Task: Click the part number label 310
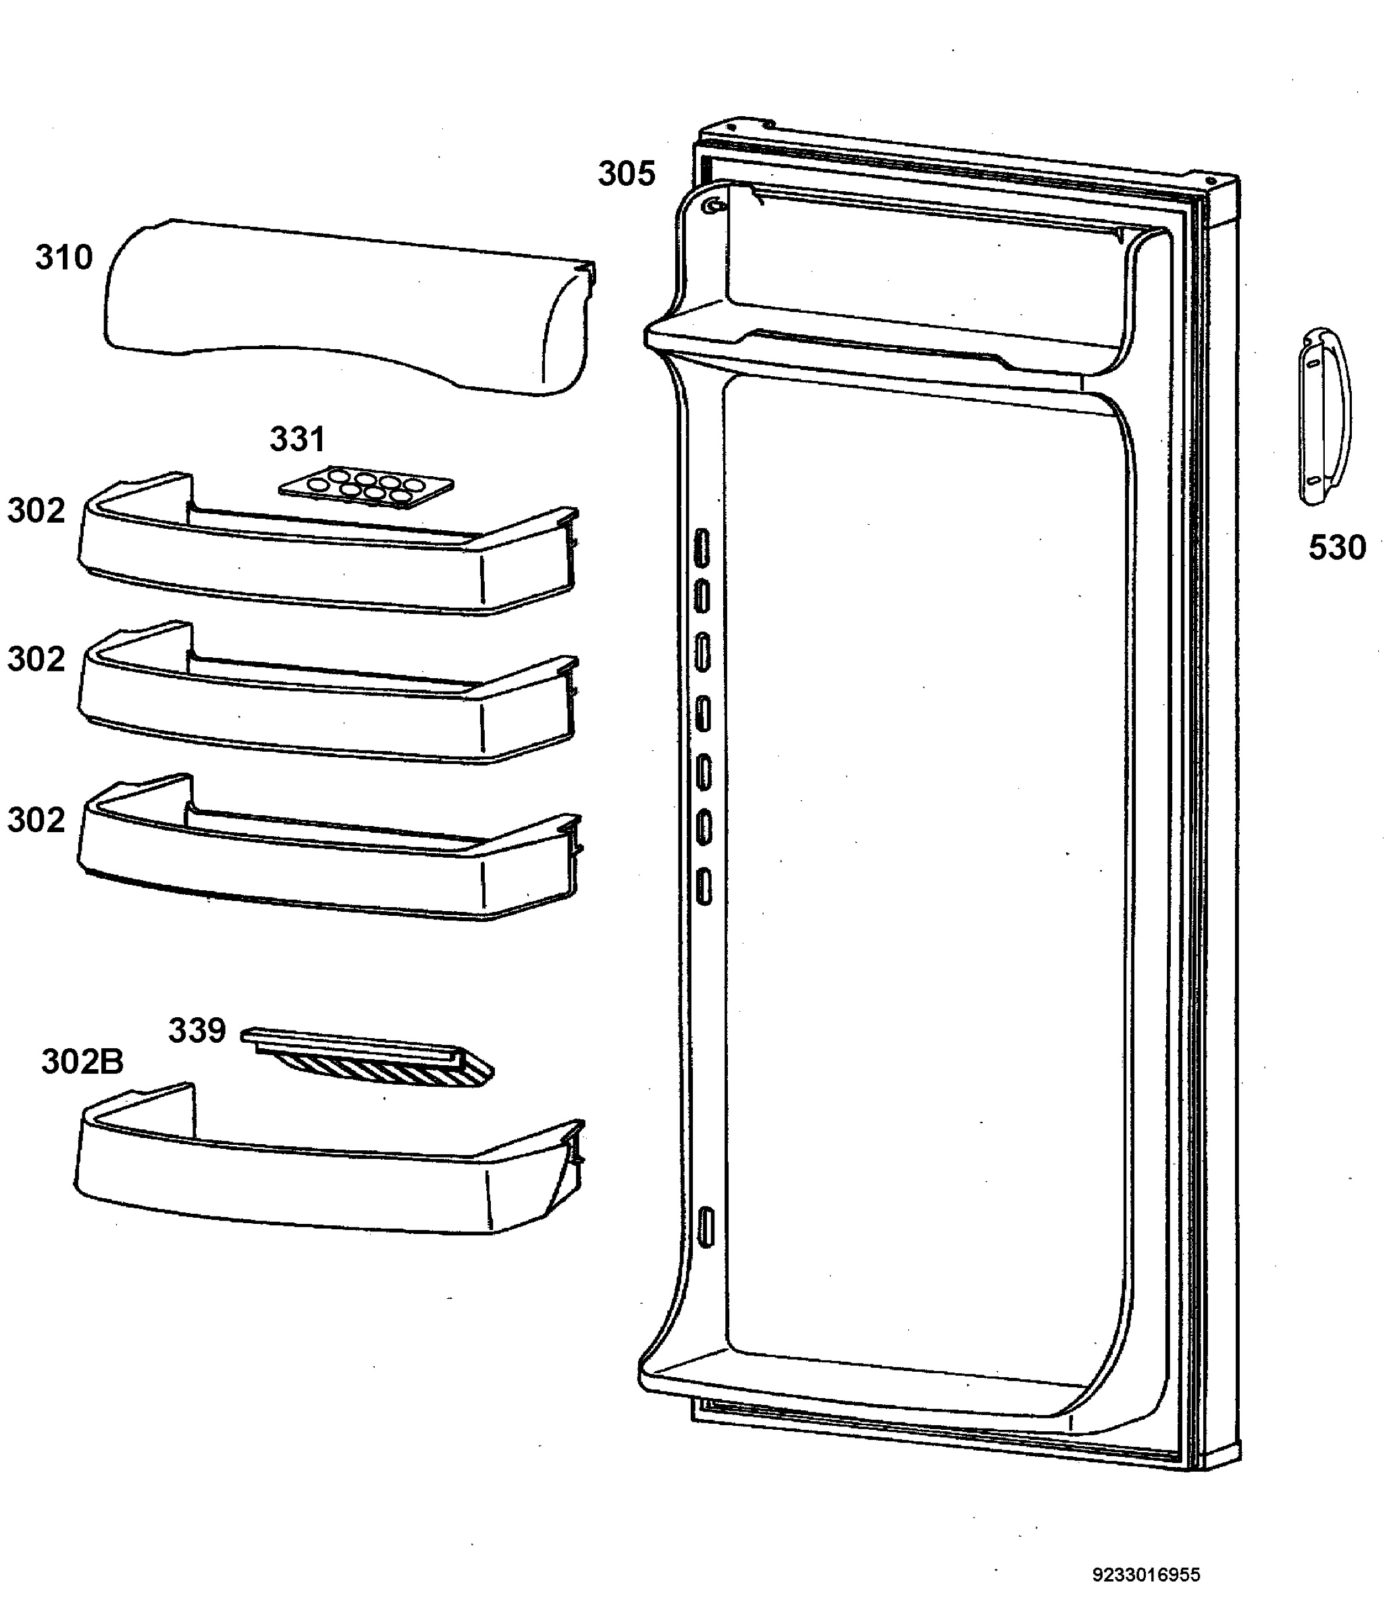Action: pyautogui.click(x=64, y=257)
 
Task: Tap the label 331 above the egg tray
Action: pyautogui.click(x=297, y=440)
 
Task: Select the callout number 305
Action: pyautogui.click(x=627, y=174)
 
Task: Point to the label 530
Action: pyautogui.click(x=1337, y=548)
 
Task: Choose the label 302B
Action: pyautogui.click(x=82, y=1062)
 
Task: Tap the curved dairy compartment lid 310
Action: pyautogui.click(x=348, y=307)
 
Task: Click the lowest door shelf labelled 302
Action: pyautogui.click(x=329, y=848)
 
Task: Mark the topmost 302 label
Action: pyautogui.click(x=36, y=511)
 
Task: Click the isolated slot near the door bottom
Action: pyautogui.click(x=706, y=1227)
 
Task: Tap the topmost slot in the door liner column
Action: pyautogui.click(x=702, y=547)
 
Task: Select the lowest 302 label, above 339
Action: pyautogui.click(x=36, y=821)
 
